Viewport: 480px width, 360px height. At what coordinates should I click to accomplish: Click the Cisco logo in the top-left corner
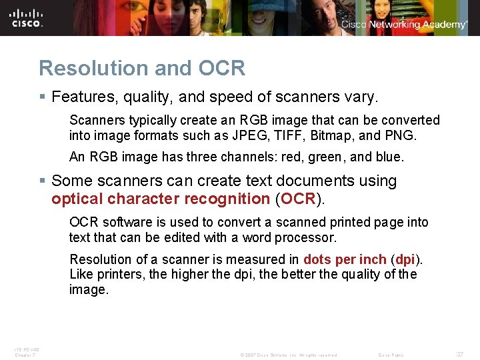click(27, 17)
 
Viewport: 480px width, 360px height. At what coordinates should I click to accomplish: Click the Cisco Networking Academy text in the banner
click(404, 25)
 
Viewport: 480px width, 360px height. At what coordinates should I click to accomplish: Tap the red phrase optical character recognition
click(161, 199)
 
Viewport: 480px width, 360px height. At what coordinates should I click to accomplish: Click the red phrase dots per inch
click(345, 259)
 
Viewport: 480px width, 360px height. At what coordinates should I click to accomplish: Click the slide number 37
click(460, 355)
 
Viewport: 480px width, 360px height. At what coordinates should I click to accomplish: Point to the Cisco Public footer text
click(391, 355)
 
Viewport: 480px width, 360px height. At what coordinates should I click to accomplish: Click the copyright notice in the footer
click(288, 355)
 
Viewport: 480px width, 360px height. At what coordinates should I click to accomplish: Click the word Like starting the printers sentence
click(81, 274)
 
